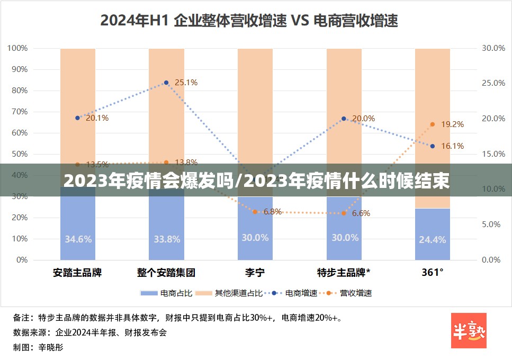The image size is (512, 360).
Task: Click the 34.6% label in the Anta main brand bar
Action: (78, 239)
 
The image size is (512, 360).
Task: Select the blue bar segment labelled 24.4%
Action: (432, 234)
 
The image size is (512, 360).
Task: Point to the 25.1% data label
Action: (186, 82)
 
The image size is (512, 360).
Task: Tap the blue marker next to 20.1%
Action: (77, 118)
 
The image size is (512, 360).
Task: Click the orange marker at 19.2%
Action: (433, 124)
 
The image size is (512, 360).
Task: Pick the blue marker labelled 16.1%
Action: (433, 146)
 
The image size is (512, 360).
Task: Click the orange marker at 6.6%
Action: (344, 213)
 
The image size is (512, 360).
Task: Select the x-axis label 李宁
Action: (255, 273)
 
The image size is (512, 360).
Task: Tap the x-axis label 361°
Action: (432, 273)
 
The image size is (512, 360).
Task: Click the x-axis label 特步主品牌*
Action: (344, 273)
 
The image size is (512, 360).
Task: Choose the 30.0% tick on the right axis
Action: (493, 48)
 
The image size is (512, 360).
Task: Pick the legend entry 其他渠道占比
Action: (230, 293)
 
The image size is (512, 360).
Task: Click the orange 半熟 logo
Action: (469, 330)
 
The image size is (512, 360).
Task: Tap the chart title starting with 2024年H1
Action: (249, 21)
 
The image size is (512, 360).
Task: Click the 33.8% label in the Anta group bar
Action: (167, 239)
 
